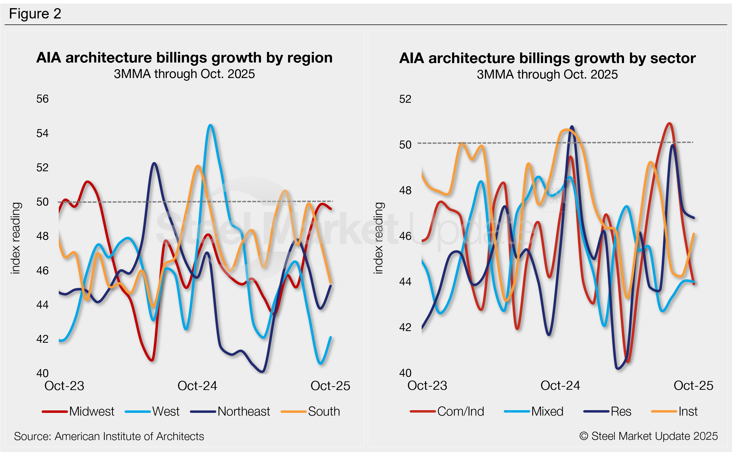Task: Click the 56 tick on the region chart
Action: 42,99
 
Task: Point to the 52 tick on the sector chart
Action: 405,99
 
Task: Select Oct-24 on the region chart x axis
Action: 197,386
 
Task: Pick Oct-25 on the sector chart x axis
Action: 693,385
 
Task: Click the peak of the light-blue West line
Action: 211,125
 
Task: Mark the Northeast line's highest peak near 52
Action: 154,163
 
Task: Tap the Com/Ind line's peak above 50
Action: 669,123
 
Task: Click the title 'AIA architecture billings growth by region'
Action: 184,58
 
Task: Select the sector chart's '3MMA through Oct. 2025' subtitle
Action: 547,74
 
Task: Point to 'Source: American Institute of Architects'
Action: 109,436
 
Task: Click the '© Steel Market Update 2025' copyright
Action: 648,436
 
